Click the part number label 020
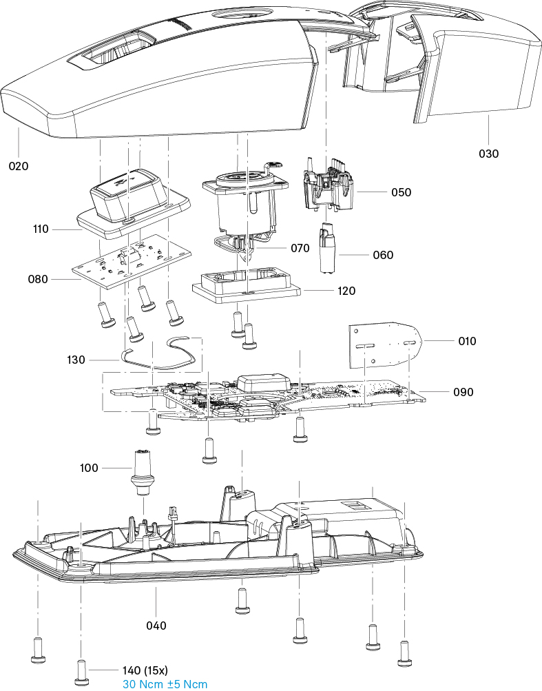point(19,166)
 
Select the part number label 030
point(489,154)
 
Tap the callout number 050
point(401,192)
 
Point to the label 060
point(383,255)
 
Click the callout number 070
point(300,248)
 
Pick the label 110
point(41,229)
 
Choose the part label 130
point(76,360)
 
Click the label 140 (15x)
point(145,670)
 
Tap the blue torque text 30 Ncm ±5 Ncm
point(165,685)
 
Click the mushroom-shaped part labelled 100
point(143,473)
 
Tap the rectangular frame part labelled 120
point(247,286)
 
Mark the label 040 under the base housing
point(156,626)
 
